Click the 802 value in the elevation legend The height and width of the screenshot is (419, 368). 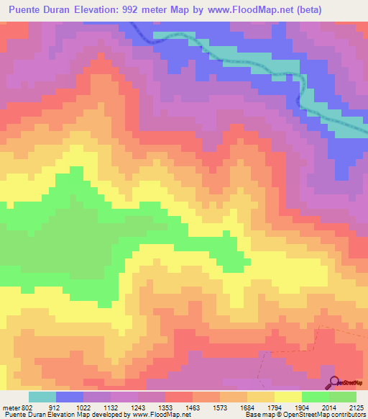(x=27, y=407)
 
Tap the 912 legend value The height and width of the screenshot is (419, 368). (x=65, y=407)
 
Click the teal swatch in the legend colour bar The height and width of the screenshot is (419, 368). (x=42, y=397)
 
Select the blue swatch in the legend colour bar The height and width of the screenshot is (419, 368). (x=70, y=397)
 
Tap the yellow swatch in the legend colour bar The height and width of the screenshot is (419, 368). (x=288, y=397)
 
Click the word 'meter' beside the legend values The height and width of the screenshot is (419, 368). (x=11, y=407)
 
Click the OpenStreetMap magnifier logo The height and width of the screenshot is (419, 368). (x=335, y=382)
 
